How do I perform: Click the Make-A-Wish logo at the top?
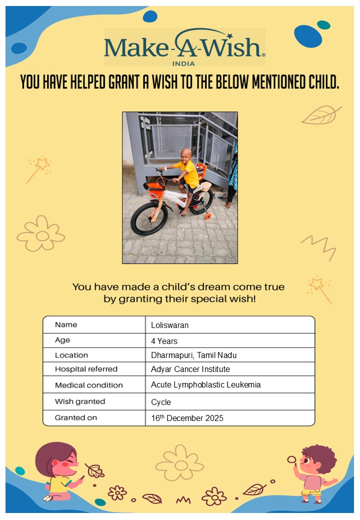[x=184, y=45]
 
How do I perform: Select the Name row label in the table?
[x=66, y=324]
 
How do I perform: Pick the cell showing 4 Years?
[x=164, y=341]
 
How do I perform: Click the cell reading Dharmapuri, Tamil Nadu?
[x=193, y=355]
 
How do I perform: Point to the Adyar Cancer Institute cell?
[x=190, y=369]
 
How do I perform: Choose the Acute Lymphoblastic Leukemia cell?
[x=205, y=384]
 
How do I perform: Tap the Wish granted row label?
[x=80, y=401]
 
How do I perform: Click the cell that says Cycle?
[x=161, y=402]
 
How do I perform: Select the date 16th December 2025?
[x=187, y=417]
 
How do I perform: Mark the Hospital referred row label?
[x=86, y=369]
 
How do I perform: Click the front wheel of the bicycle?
[x=148, y=218]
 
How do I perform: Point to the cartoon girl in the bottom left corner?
[x=58, y=470]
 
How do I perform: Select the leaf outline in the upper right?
[x=320, y=115]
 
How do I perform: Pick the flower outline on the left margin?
[x=41, y=233]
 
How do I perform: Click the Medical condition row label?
[x=88, y=385]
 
